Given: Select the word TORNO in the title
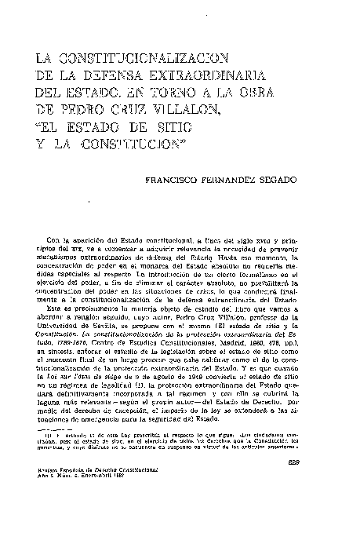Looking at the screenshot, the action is [x=183, y=97].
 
